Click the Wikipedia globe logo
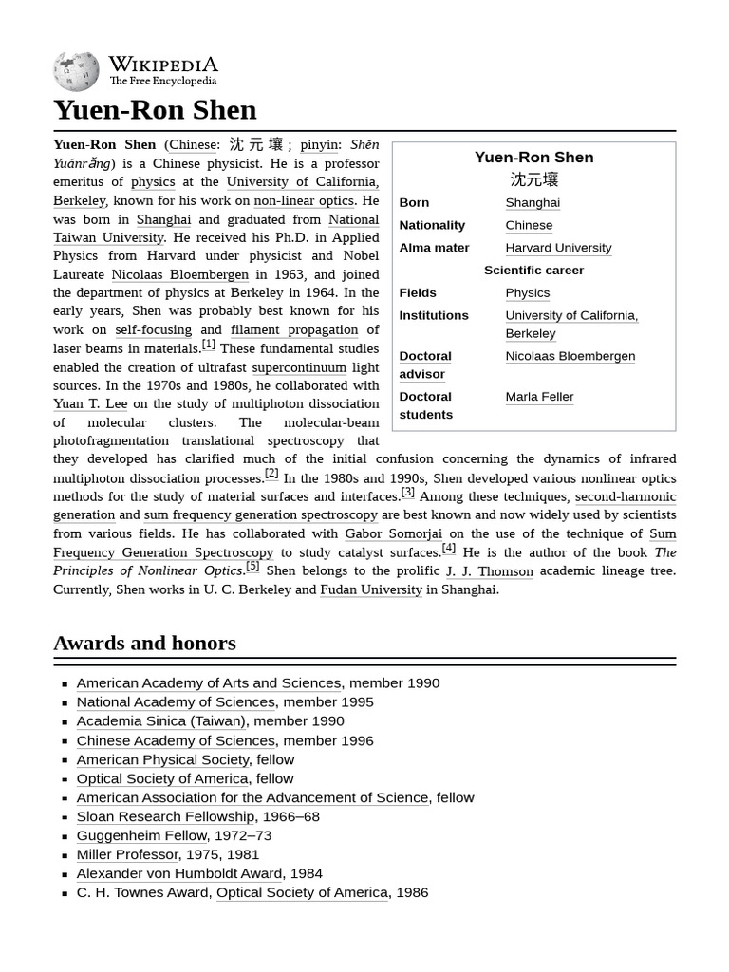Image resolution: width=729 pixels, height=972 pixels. (76, 71)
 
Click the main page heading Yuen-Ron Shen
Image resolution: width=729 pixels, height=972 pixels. (155, 110)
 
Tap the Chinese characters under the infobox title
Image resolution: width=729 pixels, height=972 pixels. (533, 179)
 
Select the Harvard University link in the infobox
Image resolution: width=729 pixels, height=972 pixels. (558, 248)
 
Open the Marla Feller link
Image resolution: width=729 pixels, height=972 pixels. (539, 397)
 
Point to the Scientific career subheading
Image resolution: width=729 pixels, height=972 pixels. (533, 271)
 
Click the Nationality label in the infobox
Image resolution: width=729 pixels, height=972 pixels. (432, 225)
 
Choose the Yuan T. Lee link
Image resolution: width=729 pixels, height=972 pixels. (90, 403)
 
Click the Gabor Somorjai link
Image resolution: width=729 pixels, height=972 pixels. (393, 533)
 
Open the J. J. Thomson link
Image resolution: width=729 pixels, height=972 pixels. (489, 570)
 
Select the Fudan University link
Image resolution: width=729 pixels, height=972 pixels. (371, 589)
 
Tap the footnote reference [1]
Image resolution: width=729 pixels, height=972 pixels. (208, 345)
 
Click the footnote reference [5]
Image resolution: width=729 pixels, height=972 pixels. (252, 567)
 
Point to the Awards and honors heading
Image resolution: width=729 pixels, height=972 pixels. (144, 644)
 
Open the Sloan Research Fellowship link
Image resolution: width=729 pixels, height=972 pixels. (165, 816)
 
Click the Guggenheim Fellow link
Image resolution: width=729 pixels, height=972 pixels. (141, 835)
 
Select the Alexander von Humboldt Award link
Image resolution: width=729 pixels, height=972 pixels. (179, 873)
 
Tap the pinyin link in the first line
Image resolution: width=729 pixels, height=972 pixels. (319, 144)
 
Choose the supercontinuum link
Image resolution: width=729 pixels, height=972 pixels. (299, 367)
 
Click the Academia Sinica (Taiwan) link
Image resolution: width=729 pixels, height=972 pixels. (160, 721)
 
